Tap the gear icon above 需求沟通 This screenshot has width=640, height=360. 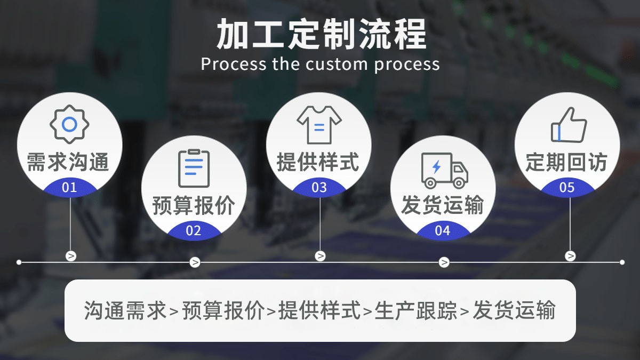point(69,124)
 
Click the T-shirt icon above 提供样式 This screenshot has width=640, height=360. point(319,124)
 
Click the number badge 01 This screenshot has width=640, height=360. point(69,188)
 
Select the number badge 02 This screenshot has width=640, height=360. point(194,231)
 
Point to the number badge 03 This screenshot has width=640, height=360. point(319,188)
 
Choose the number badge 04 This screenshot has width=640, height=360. point(443,231)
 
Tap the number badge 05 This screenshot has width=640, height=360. point(567,188)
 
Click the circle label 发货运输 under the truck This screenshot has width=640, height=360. point(443,205)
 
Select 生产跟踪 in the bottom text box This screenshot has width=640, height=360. point(416,310)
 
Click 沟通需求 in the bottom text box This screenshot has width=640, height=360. point(125,310)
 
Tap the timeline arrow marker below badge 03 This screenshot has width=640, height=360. point(320,256)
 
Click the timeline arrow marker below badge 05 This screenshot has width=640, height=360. point(570,256)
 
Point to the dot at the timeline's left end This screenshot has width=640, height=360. point(19,262)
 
